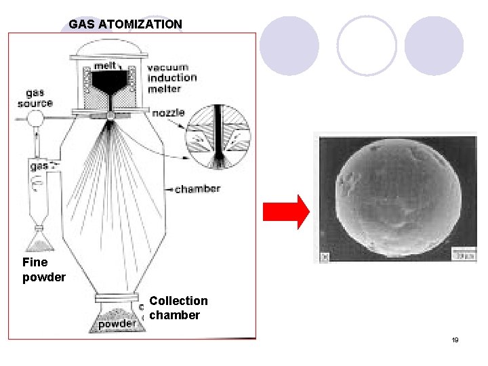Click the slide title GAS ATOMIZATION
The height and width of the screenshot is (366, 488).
(x=125, y=24)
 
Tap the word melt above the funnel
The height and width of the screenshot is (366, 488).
(x=104, y=66)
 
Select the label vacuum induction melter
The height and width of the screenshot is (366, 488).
(x=172, y=78)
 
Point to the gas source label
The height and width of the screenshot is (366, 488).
(x=35, y=98)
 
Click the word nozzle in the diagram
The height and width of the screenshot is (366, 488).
(x=169, y=113)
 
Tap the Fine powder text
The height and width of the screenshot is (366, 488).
(x=43, y=269)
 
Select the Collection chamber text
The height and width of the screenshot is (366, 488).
(x=178, y=308)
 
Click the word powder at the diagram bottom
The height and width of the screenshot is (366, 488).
(x=117, y=324)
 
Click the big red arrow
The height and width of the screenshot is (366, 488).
(x=286, y=212)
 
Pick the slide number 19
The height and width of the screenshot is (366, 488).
(x=455, y=340)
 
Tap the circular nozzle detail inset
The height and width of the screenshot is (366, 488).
(x=218, y=137)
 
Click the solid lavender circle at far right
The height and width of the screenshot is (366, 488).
(x=434, y=45)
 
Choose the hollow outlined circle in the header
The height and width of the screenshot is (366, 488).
(x=366, y=45)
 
